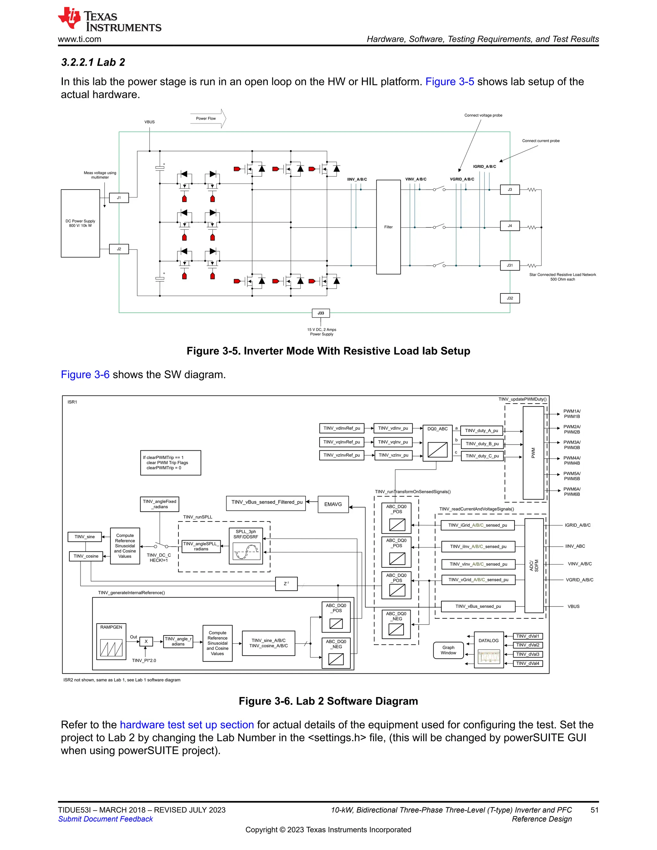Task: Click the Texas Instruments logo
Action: point(109,20)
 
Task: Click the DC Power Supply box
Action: point(80,223)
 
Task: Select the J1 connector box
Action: point(119,198)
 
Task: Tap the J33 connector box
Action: point(321,313)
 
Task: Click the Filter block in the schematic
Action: point(388,227)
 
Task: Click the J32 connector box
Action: point(509,298)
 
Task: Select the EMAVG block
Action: point(333,504)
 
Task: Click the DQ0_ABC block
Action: point(438,443)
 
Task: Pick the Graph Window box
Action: point(448,650)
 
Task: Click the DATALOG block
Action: point(489,650)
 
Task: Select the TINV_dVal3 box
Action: point(527,654)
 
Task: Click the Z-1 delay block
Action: point(286,583)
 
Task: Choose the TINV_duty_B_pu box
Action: point(482,444)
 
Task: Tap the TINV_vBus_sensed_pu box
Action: point(478,606)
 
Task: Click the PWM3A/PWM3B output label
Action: point(572,445)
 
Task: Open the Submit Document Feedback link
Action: point(106,819)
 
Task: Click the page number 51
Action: point(594,810)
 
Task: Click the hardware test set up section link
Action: point(187,725)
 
